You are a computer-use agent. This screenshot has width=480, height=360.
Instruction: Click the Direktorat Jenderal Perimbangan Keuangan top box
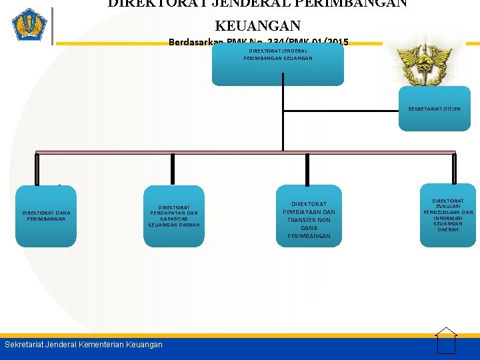pyautogui.click(x=278, y=65)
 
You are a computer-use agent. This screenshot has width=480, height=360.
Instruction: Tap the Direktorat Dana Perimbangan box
pyautogui.click(x=46, y=216)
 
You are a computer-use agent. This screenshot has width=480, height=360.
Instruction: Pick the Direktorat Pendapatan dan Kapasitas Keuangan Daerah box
pyautogui.click(x=173, y=216)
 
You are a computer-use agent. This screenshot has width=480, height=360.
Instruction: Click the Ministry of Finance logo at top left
pyautogui.click(x=29, y=25)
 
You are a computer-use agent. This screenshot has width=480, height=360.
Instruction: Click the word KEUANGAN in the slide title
pyautogui.click(x=257, y=26)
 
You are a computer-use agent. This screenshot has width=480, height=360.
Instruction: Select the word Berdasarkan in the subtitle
pyautogui.click(x=196, y=43)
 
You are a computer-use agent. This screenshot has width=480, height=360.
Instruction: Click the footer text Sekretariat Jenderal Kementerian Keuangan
pyautogui.click(x=83, y=345)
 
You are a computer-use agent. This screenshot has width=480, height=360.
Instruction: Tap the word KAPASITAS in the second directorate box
pyautogui.click(x=174, y=219)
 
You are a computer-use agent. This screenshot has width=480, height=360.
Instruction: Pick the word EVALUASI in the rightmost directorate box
pyautogui.click(x=448, y=207)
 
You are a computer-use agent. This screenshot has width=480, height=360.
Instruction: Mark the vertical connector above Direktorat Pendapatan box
pyautogui.click(x=173, y=169)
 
